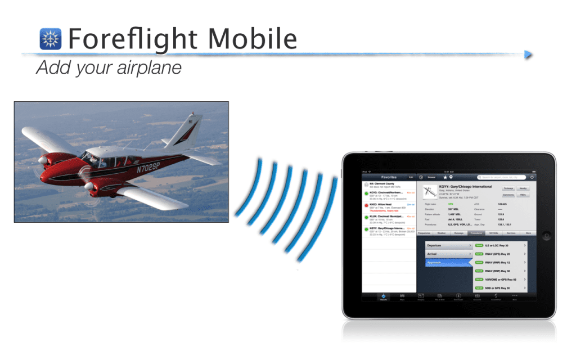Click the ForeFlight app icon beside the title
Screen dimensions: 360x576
click(x=51, y=39)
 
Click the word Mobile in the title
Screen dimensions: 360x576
click(x=252, y=39)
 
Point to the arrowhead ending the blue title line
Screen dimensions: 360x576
click(x=528, y=54)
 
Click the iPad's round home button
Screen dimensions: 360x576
click(x=544, y=237)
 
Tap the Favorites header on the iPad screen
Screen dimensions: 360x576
click(x=389, y=177)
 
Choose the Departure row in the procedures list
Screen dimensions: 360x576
click(x=448, y=246)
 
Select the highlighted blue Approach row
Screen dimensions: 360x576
click(x=448, y=263)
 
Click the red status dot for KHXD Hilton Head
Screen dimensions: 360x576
click(x=367, y=205)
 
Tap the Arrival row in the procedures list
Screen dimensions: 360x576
click(x=448, y=254)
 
